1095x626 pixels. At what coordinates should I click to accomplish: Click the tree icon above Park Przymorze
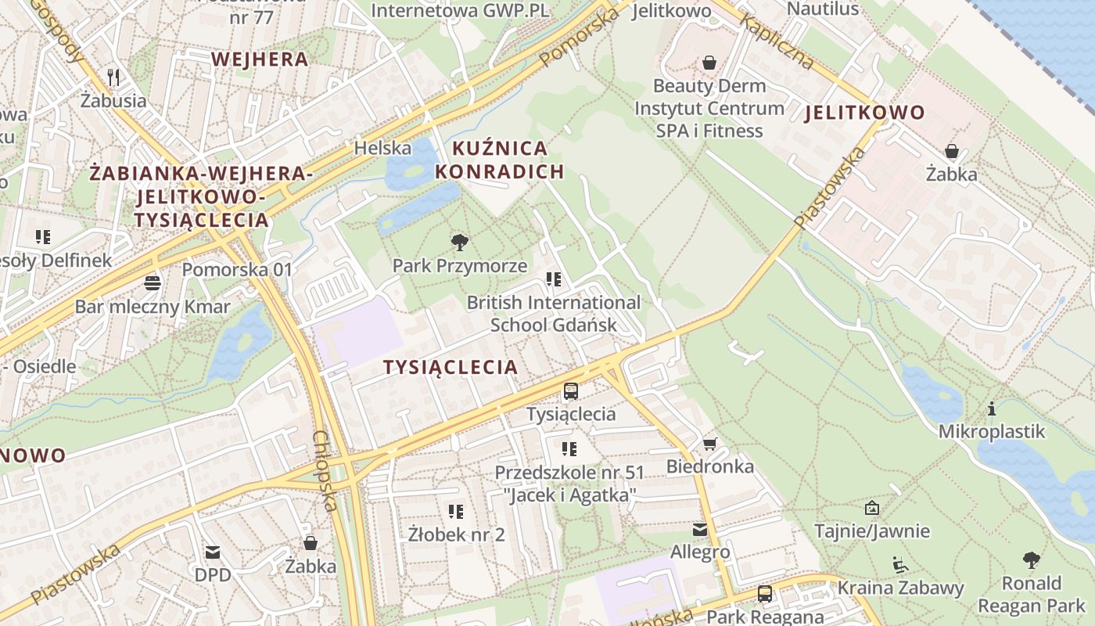click(460, 243)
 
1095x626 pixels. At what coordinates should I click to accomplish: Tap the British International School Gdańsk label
click(554, 313)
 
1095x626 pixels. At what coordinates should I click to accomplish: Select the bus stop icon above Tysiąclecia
click(571, 390)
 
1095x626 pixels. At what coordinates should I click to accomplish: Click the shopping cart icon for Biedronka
click(709, 444)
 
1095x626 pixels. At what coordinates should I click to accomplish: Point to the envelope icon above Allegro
click(700, 530)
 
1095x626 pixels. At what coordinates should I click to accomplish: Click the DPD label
click(213, 575)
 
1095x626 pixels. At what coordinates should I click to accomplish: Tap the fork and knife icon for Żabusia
click(113, 77)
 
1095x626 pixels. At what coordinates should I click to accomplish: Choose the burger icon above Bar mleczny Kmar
click(153, 282)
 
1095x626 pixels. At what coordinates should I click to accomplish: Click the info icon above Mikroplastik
click(992, 408)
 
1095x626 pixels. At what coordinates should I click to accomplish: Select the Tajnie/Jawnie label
click(872, 531)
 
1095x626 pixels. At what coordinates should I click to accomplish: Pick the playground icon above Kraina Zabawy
click(899, 564)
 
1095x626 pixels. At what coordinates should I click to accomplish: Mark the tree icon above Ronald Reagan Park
click(1032, 560)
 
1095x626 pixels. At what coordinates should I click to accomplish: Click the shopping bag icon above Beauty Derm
click(709, 62)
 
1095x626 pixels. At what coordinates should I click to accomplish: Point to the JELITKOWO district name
click(865, 113)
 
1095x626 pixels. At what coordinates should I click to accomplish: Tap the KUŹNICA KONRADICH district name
click(500, 160)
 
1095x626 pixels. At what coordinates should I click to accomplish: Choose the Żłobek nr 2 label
click(457, 535)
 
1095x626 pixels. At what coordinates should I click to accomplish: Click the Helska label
click(382, 148)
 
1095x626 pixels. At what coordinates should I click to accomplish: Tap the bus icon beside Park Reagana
click(765, 594)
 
